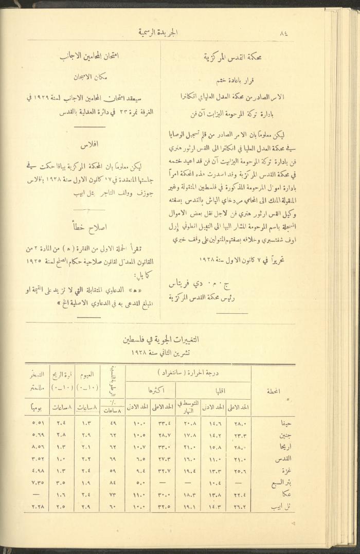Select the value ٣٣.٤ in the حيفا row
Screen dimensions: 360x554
tap(163, 423)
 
